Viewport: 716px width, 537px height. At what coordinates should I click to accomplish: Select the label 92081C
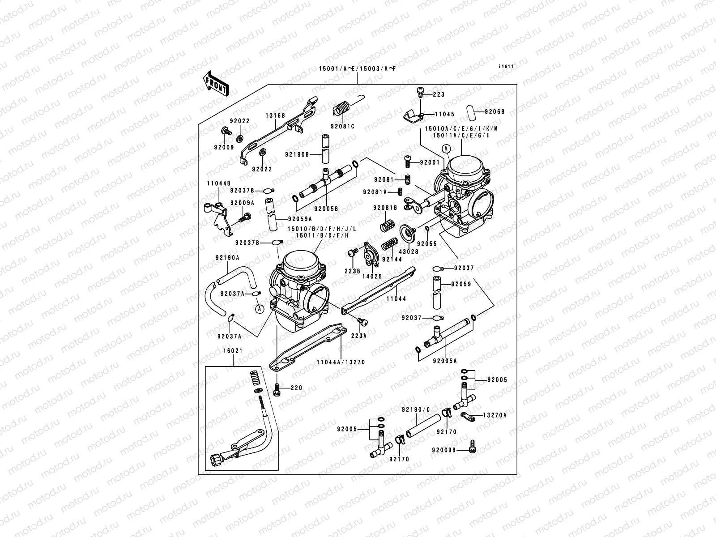(x=343, y=127)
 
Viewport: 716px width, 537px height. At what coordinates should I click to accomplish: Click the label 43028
(x=409, y=252)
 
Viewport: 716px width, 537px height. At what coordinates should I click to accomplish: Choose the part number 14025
(x=372, y=277)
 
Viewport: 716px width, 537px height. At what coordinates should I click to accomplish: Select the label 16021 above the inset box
(x=233, y=351)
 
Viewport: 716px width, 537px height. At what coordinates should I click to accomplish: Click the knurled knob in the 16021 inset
(x=215, y=460)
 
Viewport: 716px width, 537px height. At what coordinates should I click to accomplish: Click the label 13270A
(x=495, y=415)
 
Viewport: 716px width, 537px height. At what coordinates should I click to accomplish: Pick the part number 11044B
(x=218, y=183)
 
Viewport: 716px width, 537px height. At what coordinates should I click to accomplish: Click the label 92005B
(x=326, y=209)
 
